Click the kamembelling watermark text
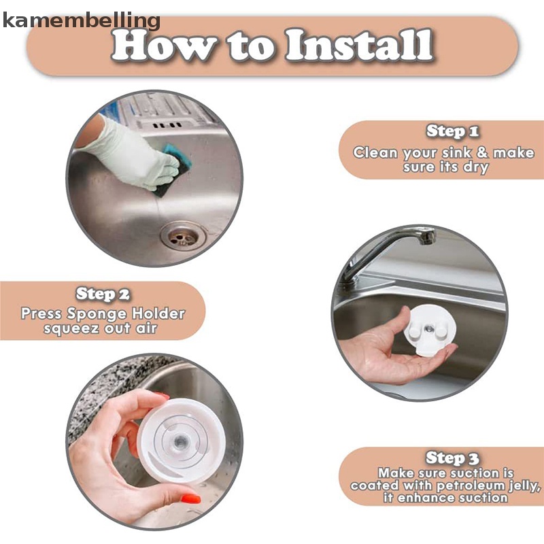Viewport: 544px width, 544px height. click(x=81, y=21)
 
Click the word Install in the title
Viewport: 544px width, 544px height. click(x=359, y=45)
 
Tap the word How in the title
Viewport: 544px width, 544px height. click(x=163, y=45)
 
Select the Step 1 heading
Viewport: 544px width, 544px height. click(x=452, y=131)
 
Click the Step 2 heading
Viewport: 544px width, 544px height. click(x=103, y=294)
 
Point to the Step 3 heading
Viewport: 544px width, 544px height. click(x=452, y=458)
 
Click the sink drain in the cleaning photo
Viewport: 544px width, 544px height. click(x=183, y=235)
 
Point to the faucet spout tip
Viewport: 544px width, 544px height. click(x=427, y=237)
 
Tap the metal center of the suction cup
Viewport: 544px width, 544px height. click(x=180, y=442)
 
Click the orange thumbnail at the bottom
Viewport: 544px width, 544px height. click(x=190, y=499)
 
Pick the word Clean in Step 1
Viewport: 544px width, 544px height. click(x=375, y=152)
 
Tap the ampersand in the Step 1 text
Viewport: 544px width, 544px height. click(x=482, y=152)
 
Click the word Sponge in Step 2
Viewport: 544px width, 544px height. click(x=97, y=314)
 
